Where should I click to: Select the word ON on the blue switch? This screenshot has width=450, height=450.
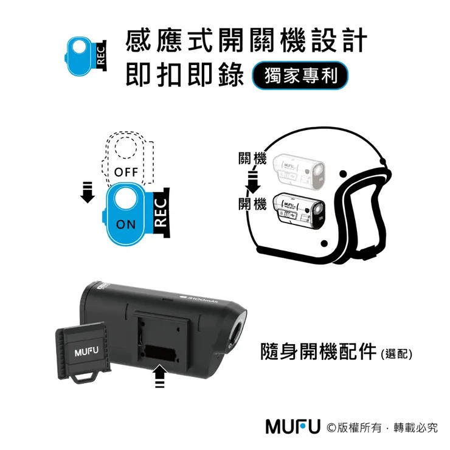pyautogui.click(x=126, y=224)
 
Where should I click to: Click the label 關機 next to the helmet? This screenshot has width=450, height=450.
pyautogui.click(x=252, y=161)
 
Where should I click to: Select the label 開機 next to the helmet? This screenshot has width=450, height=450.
pyautogui.click(x=252, y=204)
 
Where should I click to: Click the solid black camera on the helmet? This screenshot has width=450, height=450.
pyautogui.click(x=299, y=209)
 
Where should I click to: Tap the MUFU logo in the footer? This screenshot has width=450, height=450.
pyautogui.click(x=292, y=426)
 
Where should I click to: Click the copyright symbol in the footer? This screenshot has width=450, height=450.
pyautogui.click(x=332, y=427)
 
